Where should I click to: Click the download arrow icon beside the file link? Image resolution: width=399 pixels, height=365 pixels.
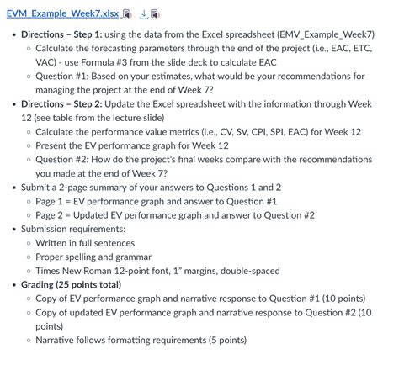(143, 14)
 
